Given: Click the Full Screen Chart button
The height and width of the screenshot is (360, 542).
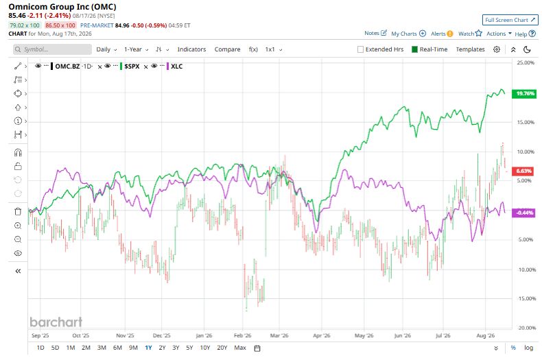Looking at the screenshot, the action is [510, 20].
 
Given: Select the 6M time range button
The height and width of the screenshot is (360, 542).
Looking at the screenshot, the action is [117, 348].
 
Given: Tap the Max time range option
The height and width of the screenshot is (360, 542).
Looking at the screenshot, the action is [240, 348].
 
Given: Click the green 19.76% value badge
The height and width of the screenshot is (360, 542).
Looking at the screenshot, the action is [525, 94].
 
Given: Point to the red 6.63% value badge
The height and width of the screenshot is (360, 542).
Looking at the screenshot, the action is [523, 171].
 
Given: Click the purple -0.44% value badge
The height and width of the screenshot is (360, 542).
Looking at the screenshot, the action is [525, 213].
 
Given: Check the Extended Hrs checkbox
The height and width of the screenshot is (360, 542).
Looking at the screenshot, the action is [360, 49].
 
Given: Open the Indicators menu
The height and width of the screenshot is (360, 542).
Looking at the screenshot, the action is [191, 49].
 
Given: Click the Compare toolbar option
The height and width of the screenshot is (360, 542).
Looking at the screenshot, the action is [227, 49].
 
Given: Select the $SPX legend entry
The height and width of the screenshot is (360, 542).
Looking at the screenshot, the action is [132, 67].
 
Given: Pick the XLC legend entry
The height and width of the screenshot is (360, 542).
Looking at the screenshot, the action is [176, 67].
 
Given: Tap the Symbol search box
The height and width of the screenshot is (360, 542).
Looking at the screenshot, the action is [53, 49].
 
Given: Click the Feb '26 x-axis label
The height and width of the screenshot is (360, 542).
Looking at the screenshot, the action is [243, 335].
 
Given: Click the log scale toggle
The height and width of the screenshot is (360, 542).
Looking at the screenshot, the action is [528, 348].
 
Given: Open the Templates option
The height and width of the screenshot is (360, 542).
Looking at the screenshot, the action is [470, 49].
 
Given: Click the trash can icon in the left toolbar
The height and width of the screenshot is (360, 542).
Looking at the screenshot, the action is [18, 211].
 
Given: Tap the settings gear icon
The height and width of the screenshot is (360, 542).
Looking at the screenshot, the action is [497, 49].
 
